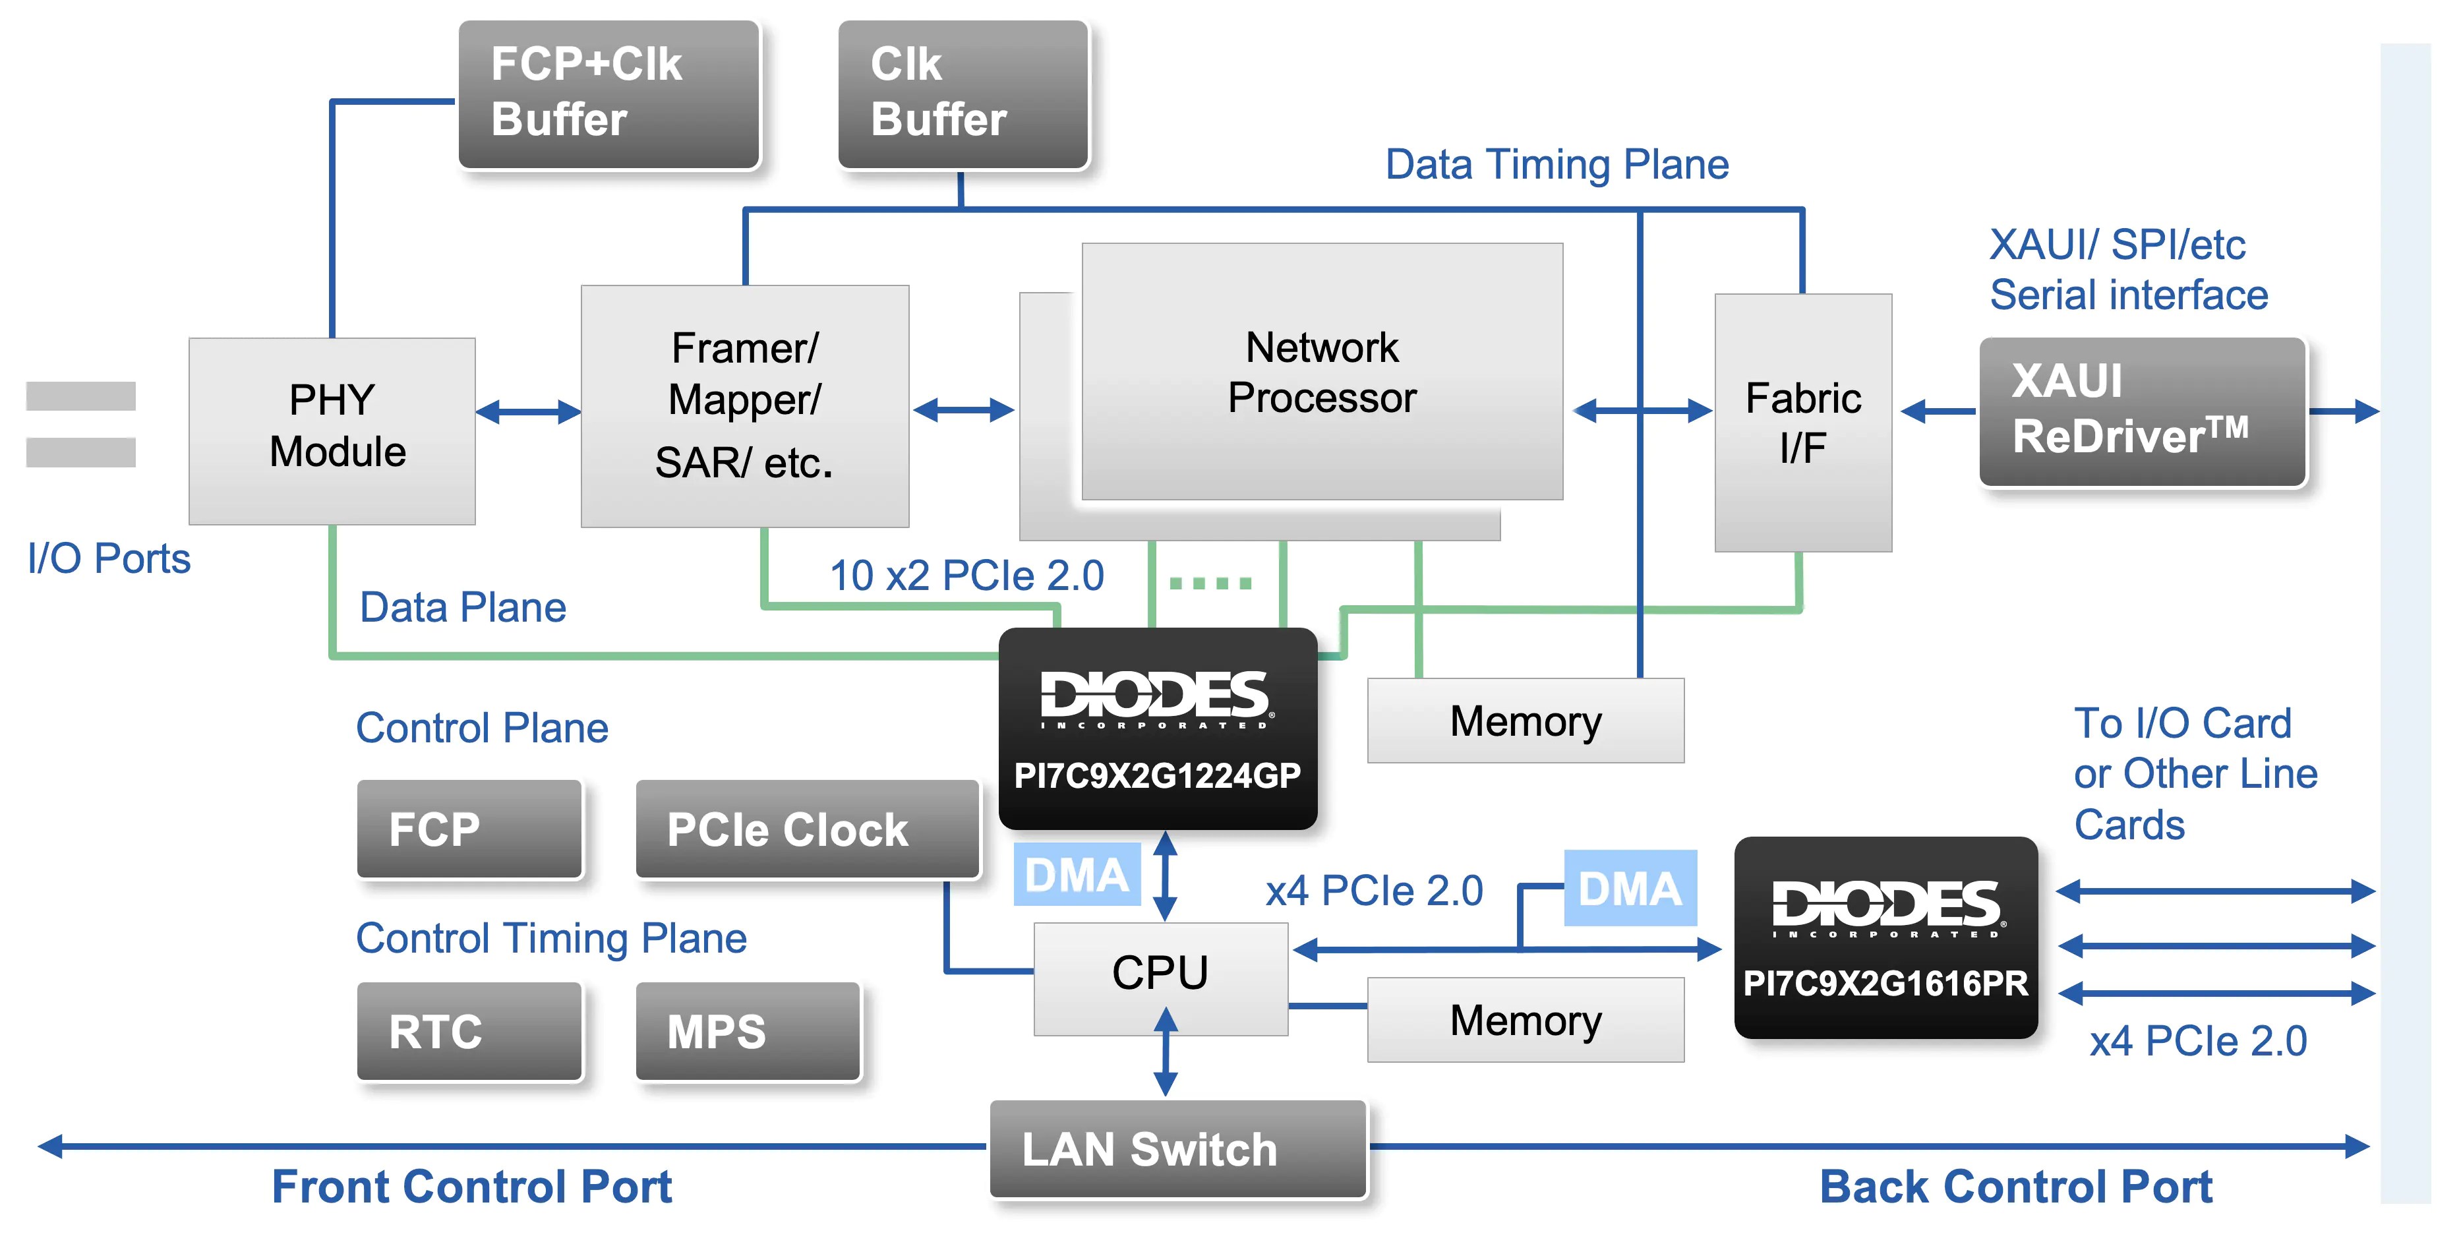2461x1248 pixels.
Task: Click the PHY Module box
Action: [x=332, y=430]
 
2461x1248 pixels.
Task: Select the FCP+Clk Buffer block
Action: [x=608, y=94]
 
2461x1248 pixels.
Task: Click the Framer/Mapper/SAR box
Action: [x=744, y=405]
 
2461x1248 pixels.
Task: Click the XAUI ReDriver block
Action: [x=2142, y=411]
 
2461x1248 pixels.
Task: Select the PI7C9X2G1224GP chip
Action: [x=1157, y=728]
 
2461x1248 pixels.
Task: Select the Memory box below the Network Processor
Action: [x=1525, y=721]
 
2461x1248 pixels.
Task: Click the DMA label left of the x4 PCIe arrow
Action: [x=1077, y=874]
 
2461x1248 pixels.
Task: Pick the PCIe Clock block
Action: [x=808, y=829]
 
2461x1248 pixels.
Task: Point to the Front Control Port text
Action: [x=472, y=1186]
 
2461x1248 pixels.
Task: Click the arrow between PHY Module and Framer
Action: [x=527, y=412]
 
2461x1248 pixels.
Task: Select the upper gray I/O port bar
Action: [x=80, y=396]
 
